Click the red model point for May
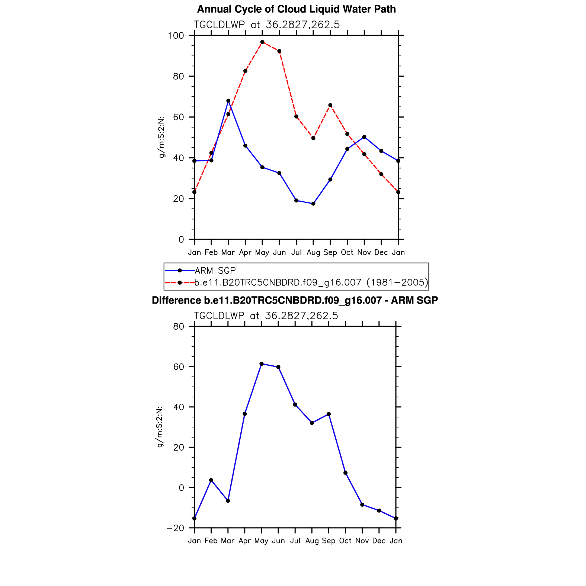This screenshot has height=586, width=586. [262, 42]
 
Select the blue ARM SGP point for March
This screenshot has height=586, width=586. [228, 101]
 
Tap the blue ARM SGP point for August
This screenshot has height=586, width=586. [313, 204]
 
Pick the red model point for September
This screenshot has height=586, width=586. [330, 105]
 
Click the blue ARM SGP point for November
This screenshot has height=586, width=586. [364, 137]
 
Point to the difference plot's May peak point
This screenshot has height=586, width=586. [262, 364]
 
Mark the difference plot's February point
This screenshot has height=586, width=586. [211, 480]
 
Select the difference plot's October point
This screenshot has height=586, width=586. [345, 473]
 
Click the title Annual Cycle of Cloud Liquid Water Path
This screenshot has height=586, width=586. [296, 9]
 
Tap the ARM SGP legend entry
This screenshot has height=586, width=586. [215, 270]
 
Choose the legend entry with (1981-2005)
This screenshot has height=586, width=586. [311, 282]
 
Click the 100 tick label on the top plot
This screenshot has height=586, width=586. [176, 36]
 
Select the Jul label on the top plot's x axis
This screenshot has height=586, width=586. [296, 253]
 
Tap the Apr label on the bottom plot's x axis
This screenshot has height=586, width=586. [244, 541]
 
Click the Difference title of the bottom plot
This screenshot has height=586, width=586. [295, 300]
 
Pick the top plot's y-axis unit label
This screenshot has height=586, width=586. [161, 137]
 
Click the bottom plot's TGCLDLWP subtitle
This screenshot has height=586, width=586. [266, 316]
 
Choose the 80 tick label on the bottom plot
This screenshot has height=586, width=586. [179, 327]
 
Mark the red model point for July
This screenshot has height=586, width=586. [296, 116]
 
